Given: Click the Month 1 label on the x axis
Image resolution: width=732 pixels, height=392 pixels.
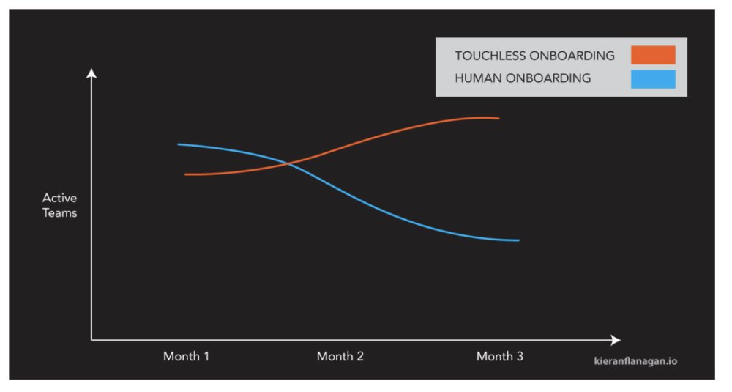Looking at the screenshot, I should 186,357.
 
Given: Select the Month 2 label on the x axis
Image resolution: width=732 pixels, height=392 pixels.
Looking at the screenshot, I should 340,357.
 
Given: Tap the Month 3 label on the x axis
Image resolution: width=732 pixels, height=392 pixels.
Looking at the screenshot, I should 499,357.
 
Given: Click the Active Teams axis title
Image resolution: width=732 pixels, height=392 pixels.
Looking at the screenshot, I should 59,205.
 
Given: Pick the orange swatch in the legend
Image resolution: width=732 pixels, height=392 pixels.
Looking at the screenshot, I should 653,55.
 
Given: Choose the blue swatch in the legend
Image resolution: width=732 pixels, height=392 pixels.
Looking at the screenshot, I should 653,78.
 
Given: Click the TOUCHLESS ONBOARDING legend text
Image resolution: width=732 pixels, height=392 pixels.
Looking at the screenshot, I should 534,56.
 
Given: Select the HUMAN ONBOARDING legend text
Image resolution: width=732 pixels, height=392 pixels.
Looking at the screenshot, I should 523,78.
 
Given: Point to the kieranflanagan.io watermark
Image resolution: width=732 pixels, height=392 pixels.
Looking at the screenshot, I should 635,360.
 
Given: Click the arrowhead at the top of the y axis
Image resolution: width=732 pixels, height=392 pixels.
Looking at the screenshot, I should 91,73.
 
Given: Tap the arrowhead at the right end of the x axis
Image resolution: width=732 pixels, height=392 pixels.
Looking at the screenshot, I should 616,340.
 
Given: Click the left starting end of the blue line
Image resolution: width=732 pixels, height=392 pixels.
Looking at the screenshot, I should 179,144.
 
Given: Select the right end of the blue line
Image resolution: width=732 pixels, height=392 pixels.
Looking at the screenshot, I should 518,240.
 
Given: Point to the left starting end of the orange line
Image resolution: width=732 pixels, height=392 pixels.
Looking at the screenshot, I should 186,174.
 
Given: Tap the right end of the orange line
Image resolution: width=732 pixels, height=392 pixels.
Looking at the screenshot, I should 498,118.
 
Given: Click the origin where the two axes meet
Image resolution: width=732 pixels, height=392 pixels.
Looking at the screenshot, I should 91,340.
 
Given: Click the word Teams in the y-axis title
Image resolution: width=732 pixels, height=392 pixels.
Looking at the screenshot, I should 59,213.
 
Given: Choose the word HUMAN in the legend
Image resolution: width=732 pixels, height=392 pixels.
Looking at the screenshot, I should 476,78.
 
